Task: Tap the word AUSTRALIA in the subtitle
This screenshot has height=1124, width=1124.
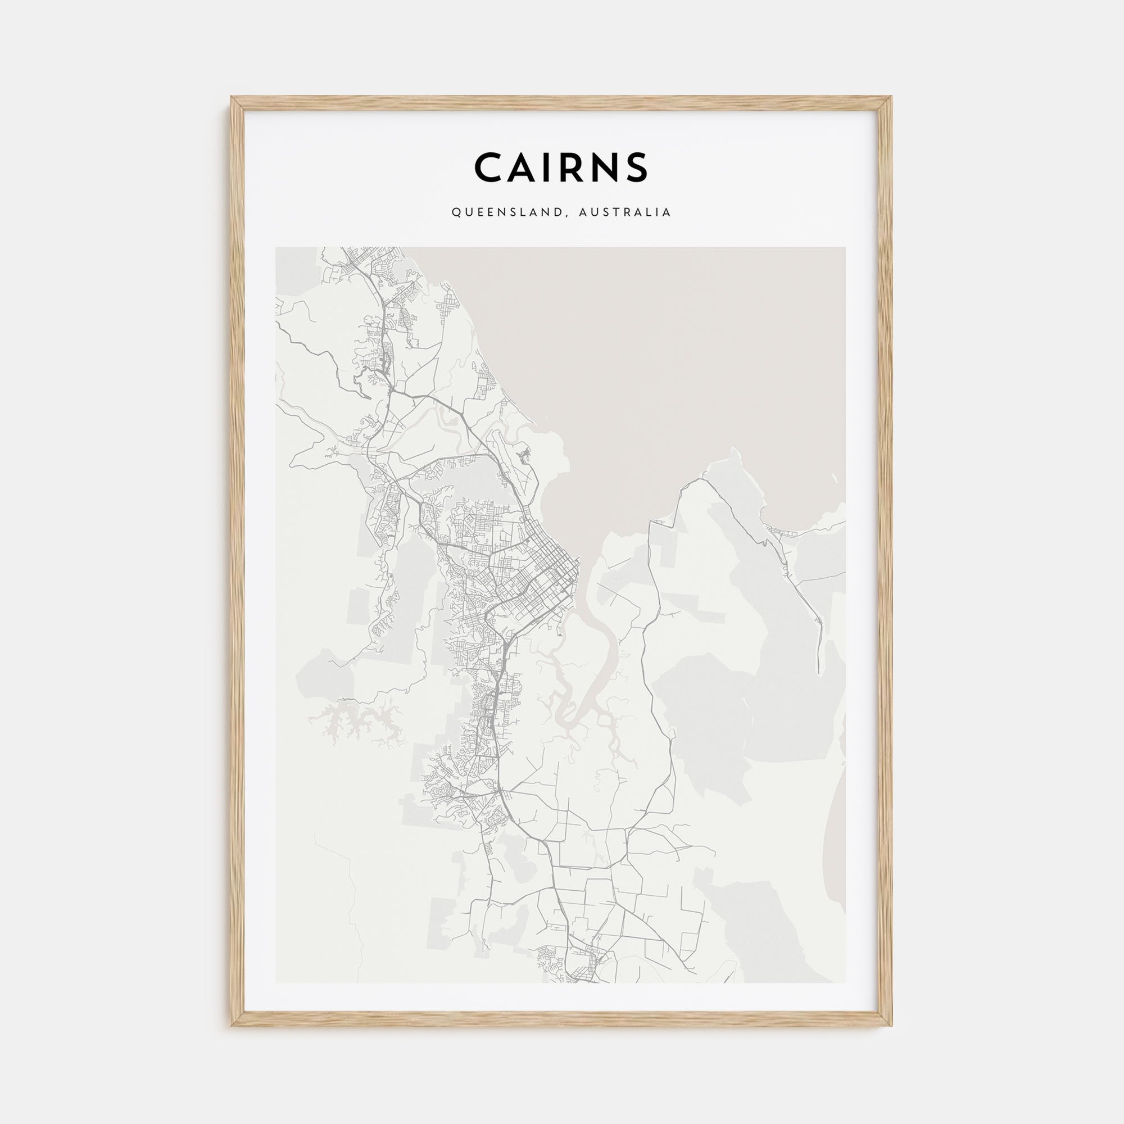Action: coord(625,213)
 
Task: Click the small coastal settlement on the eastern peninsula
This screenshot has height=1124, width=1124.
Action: coord(777,531)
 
